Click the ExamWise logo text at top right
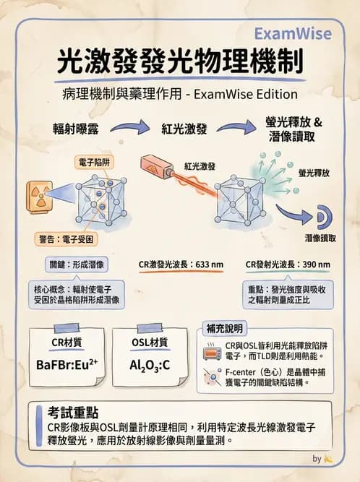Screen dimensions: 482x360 coord(293,34)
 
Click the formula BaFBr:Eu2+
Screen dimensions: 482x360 coord(67,364)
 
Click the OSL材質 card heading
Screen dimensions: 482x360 coord(151,343)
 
